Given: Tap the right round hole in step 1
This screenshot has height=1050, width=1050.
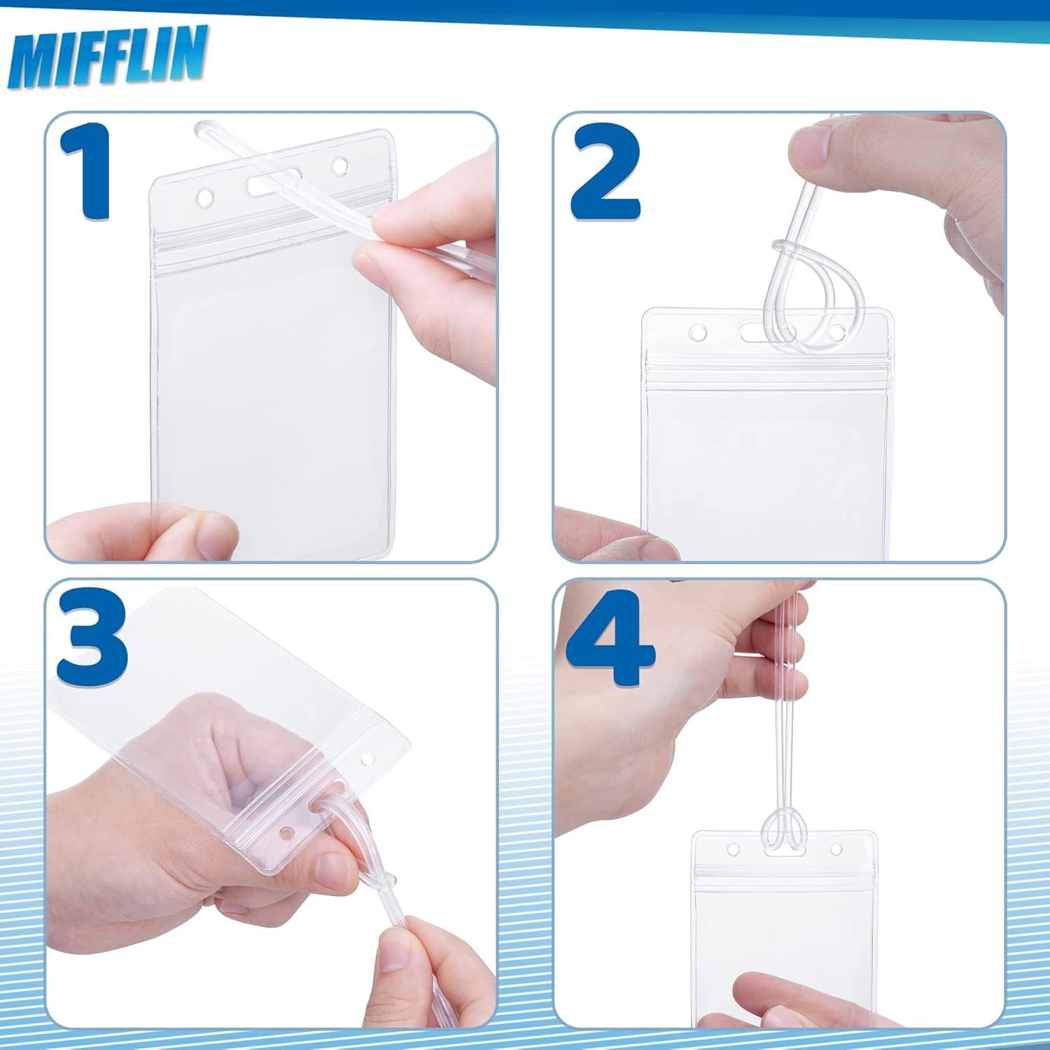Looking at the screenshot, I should [x=340, y=167].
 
